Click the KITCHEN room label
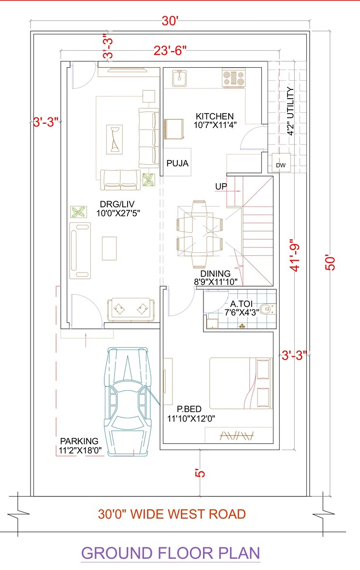click(215, 117)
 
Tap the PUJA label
click(177, 163)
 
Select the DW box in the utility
click(281, 165)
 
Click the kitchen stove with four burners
click(233, 78)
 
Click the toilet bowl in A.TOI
click(264, 308)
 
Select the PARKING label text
click(79, 441)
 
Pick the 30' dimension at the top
click(170, 22)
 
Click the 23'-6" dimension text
click(170, 50)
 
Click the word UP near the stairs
click(221, 186)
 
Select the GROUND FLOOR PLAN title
click(170, 553)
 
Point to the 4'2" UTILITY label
click(290, 111)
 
